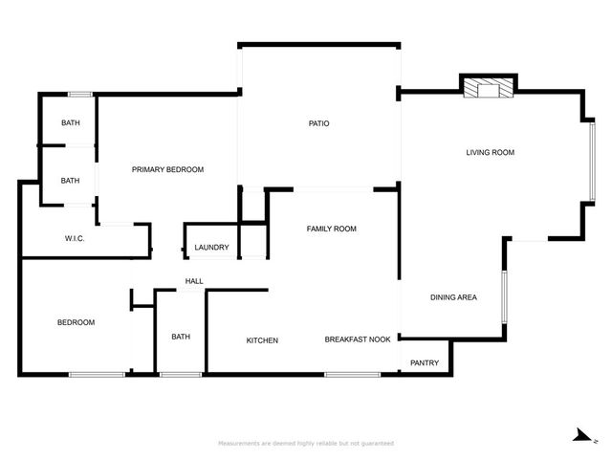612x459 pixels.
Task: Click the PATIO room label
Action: coord(319,123)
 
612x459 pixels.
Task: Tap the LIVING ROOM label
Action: coord(491,152)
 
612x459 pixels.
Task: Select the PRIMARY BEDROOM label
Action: coord(167,169)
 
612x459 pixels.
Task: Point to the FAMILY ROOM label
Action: coord(331,229)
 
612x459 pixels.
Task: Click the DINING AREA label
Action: coord(453,297)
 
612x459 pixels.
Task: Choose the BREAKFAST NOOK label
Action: coord(358,340)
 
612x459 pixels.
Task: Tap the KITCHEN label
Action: coord(262,340)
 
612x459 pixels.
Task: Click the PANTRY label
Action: coord(425,362)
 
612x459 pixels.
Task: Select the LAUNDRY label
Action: coord(211,248)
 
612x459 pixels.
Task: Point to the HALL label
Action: coord(194,281)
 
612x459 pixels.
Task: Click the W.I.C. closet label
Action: coord(76,238)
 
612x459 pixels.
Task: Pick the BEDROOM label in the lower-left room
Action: coord(76,322)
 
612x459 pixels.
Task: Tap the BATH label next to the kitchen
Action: coord(181,337)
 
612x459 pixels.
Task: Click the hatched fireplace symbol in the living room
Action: coord(488,89)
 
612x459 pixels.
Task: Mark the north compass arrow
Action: coord(580,436)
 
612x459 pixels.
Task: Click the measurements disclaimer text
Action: coord(306,444)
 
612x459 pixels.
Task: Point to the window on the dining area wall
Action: coord(503,298)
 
